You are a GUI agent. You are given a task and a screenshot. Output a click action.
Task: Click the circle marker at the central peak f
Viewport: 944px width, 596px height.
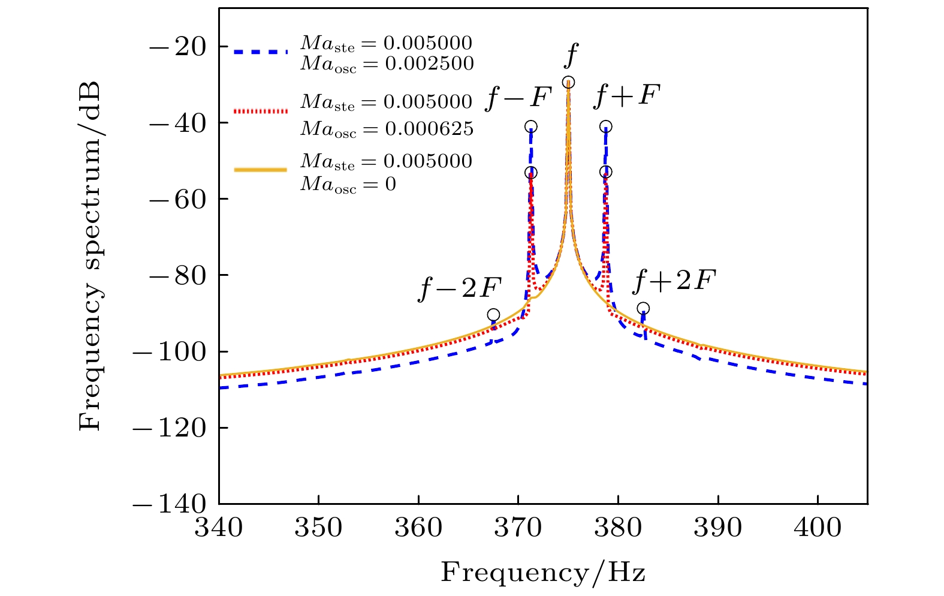click(x=568, y=82)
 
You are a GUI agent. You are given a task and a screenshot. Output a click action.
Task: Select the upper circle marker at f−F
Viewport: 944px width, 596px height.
click(x=531, y=127)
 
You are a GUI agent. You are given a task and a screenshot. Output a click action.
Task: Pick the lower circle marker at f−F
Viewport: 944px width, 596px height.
click(x=531, y=173)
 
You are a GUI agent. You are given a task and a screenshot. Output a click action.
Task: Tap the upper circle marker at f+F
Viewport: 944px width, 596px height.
click(x=606, y=127)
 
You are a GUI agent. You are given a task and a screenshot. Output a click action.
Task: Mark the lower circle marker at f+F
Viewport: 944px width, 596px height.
click(x=606, y=172)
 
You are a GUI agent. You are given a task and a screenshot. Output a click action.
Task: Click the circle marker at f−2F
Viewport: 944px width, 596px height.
click(x=493, y=315)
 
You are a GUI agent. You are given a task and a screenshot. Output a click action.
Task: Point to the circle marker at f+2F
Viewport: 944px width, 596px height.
click(x=643, y=308)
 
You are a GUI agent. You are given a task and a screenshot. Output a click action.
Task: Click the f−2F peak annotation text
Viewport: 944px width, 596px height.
click(x=460, y=288)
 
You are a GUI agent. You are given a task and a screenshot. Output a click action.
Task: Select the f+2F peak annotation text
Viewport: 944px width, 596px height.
click(x=674, y=281)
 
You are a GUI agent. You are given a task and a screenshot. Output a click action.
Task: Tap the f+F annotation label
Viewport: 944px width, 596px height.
click(x=626, y=96)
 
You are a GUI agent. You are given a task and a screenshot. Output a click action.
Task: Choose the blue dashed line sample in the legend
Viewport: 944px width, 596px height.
click(x=261, y=52)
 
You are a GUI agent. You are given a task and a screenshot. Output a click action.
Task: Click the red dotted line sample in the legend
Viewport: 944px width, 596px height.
click(x=261, y=111)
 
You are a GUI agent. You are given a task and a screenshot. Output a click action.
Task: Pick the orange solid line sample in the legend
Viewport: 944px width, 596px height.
click(x=261, y=170)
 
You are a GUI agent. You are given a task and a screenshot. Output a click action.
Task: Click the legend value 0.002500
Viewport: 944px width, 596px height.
click(x=429, y=64)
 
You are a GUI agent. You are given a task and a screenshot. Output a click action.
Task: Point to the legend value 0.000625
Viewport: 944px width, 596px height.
click(x=429, y=128)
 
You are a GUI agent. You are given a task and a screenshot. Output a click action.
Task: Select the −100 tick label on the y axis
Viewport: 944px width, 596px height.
click(x=168, y=351)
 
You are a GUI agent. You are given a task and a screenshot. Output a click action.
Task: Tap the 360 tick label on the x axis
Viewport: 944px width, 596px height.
click(x=418, y=528)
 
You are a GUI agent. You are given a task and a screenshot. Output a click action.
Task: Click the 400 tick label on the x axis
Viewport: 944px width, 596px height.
click(x=818, y=528)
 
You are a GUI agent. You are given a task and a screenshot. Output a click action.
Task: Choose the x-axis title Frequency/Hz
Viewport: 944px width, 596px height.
click(x=543, y=573)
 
